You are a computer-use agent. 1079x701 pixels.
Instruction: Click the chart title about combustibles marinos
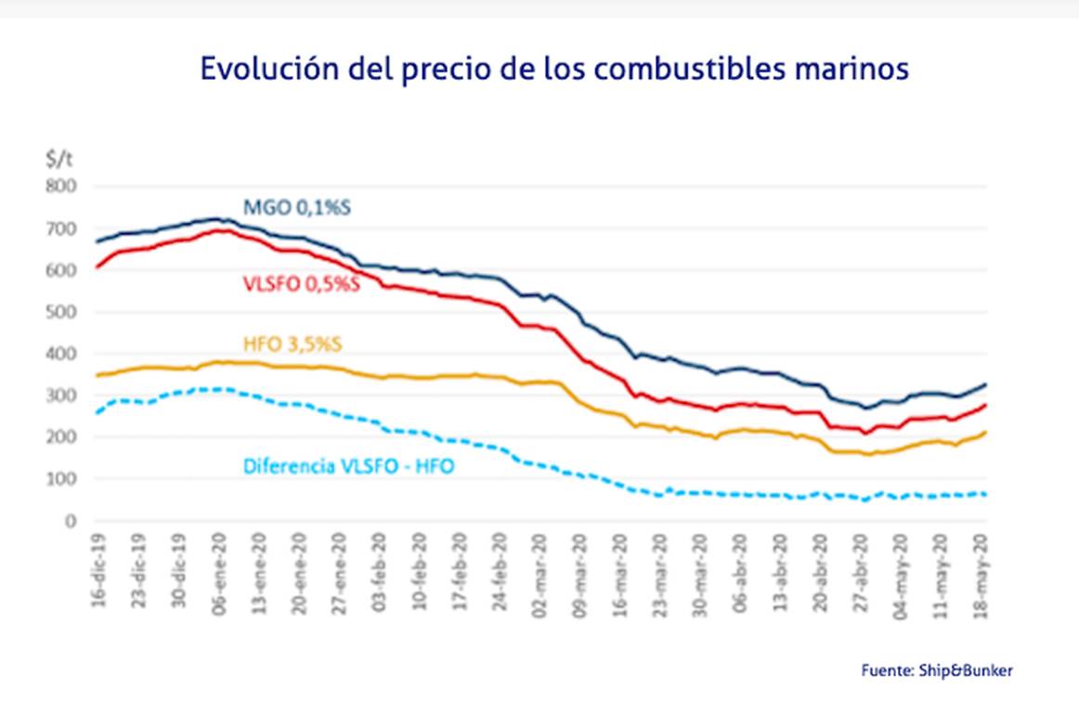click(554, 70)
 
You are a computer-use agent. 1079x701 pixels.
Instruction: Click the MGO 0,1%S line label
click(297, 207)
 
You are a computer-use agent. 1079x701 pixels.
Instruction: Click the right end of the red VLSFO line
click(985, 405)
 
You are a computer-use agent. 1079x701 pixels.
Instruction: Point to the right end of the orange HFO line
click(985, 432)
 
